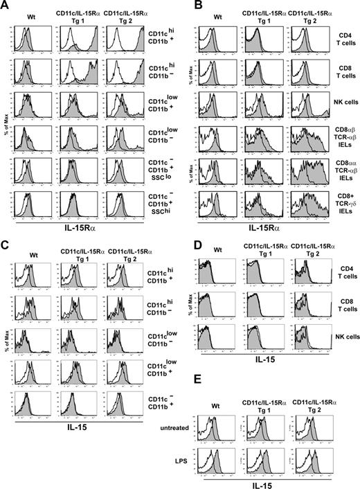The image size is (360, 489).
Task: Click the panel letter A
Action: [6, 6]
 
